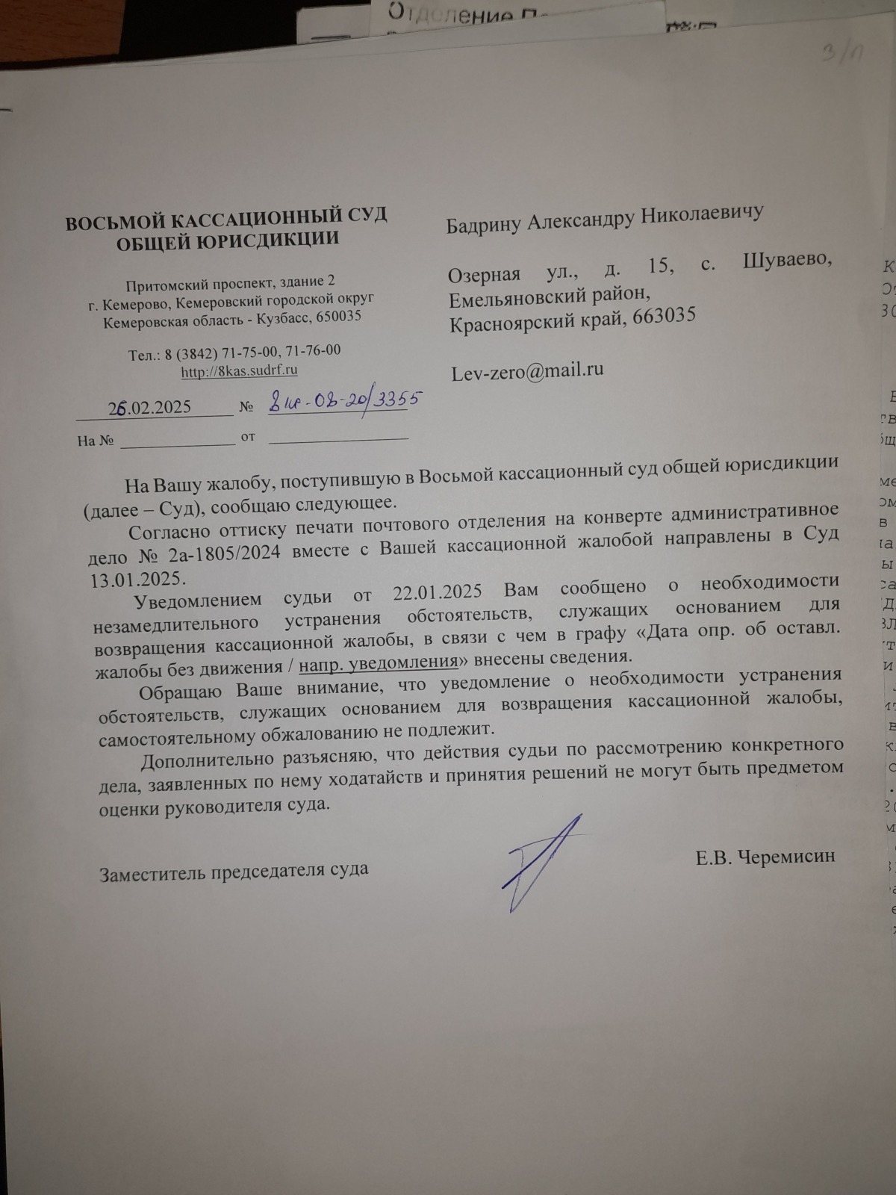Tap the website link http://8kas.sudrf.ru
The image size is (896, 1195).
click(x=240, y=370)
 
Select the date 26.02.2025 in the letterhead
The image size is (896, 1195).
click(x=150, y=407)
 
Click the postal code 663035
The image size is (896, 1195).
click(x=664, y=315)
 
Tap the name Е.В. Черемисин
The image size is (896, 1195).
click(x=765, y=857)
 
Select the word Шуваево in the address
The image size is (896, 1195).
click(x=788, y=261)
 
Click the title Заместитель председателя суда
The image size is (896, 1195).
click(x=234, y=871)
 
